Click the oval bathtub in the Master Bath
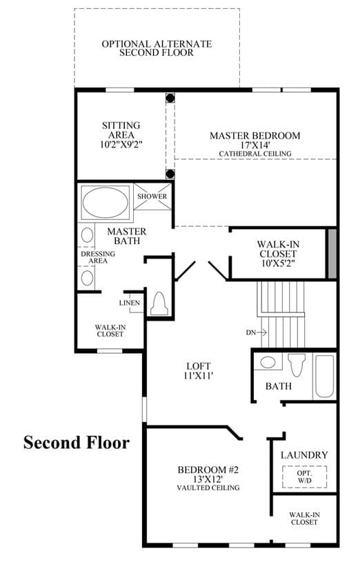coord(105,202)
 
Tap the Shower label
coord(152,197)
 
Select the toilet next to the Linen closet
coord(159,304)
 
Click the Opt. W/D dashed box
coord(304,476)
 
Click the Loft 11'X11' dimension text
coord(199,376)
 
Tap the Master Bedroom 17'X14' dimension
coord(255,145)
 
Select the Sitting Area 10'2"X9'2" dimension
coord(121,144)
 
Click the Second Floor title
coord(77,442)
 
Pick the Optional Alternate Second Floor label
coord(157,48)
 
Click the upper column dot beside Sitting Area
coord(170,98)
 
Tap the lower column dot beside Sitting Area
coord(170,174)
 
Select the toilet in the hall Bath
coord(296,365)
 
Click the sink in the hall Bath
coord(268,362)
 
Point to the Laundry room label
coord(304,455)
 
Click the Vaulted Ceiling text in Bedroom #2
coord(208,488)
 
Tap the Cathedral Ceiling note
coord(255,154)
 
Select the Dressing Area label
coord(98,257)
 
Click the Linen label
coord(130,303)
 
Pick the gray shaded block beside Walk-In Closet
coord(332,254)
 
